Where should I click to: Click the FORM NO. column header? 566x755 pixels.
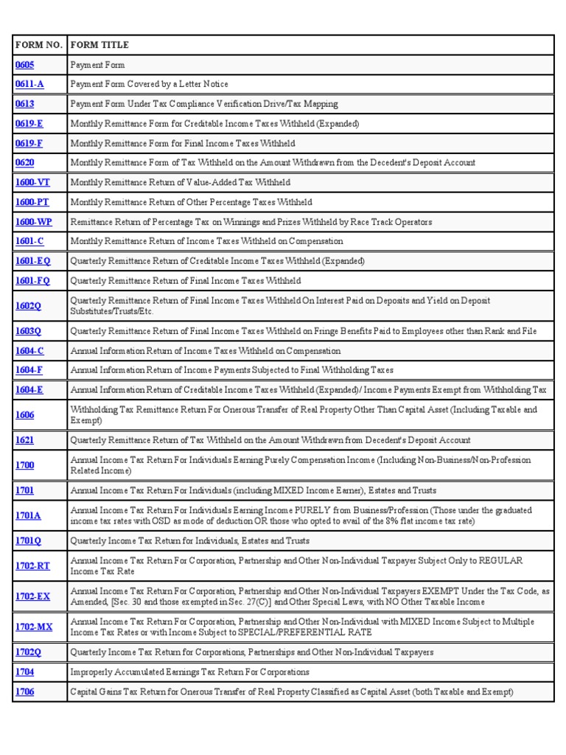[38, 45]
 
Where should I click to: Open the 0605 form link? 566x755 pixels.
[24, 65]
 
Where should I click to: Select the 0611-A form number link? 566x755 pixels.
[29, 84]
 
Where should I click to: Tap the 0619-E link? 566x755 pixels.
[29, 123]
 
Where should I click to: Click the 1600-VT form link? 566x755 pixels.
[32, 182]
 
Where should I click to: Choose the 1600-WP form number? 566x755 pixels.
[33, 221]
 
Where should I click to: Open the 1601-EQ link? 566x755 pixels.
[32, 260]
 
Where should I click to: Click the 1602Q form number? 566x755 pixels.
[28, 305]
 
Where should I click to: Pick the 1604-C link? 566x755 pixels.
[29, 351]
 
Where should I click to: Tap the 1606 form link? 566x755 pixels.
[24, 415]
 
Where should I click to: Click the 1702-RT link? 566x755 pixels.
[32, 566]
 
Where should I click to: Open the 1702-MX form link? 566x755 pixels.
[33, 627]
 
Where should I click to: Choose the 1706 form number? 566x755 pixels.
[24, 692]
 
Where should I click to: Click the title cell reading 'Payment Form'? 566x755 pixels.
[97, 65]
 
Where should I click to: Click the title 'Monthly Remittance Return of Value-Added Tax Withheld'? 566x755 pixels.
[180, 182]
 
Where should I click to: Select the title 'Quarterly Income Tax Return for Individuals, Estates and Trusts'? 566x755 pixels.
[189, 540]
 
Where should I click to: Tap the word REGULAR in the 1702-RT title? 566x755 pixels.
[500, 561]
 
